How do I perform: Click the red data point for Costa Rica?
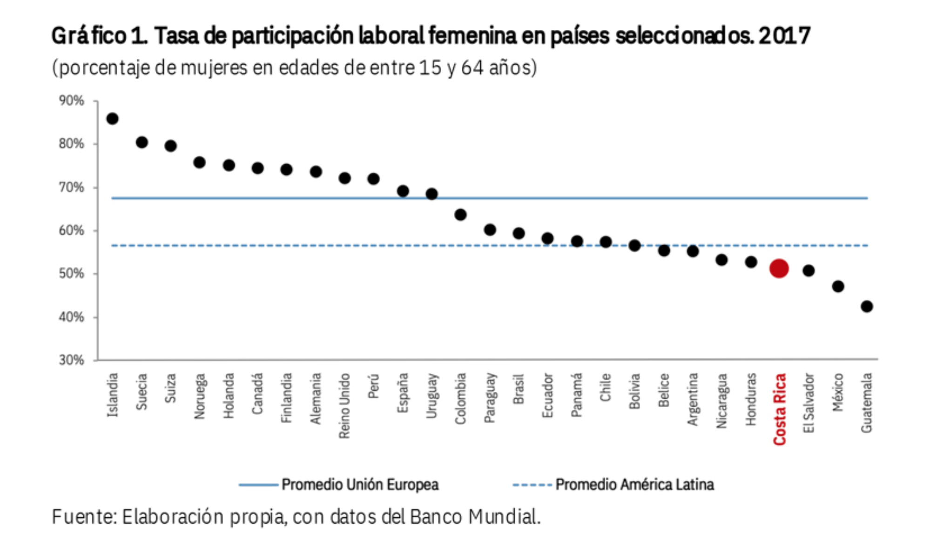(779, 268)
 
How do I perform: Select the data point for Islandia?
(112, 119)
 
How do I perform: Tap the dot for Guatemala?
(866, 306)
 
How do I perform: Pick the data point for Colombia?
(460, 215)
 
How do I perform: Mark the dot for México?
(838, 286)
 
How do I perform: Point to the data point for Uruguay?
(431, 194)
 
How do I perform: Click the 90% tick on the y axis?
(71, 101)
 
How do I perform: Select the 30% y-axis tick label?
(71, 360)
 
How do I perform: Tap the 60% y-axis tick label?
(71, 230)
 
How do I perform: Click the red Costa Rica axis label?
(780, 409)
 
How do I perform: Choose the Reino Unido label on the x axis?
(344, 406)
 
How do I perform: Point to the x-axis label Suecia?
(142, 392)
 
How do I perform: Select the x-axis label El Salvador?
(809, 403)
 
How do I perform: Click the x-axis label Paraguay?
(490, 398)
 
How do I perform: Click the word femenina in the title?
(472, 36)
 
